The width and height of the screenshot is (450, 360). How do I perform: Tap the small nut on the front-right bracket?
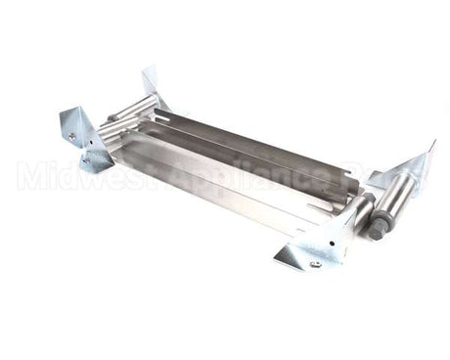pyautogui.click(x=315, y=263)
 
